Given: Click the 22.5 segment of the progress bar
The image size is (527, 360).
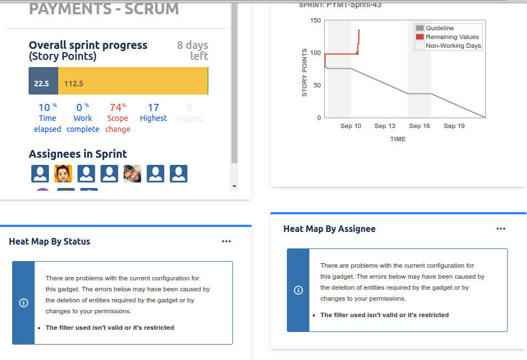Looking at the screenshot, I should tap(43, 84).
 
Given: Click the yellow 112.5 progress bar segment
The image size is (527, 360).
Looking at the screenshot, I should tap(133, 84).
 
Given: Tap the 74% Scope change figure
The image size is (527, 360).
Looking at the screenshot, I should tap(118, 118).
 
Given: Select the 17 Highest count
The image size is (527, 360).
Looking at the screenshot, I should tap(153, 112).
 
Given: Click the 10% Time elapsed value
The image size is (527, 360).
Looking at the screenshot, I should tap(47, 118).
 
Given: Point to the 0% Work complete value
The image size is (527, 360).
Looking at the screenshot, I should tap(83, 118).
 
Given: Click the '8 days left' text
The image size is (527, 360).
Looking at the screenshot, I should tap(192, 50).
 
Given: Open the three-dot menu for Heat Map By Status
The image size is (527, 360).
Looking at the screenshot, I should tap(226, 241).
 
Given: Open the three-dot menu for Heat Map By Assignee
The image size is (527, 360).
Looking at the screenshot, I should tap(501, 229).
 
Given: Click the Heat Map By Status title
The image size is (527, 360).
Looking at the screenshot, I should tap(49, 241).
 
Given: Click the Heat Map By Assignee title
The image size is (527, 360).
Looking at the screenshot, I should tap(329, 229).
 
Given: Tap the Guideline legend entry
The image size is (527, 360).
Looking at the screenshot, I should tap(439, 28).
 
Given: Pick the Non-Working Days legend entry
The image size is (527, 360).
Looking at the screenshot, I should tap(453, 46).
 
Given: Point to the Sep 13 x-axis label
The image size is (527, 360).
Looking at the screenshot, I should tap(385, 126).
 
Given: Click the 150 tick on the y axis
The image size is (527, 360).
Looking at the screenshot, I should tap(315, 21).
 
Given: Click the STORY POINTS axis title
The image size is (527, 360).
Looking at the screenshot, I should tap(304, 73).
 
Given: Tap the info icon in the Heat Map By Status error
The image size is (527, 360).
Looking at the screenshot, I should tap(24, 303).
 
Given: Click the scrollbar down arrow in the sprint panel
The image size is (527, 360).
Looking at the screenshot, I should tap(235, 186).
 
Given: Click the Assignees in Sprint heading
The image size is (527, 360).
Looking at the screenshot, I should tap(77, 154).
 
